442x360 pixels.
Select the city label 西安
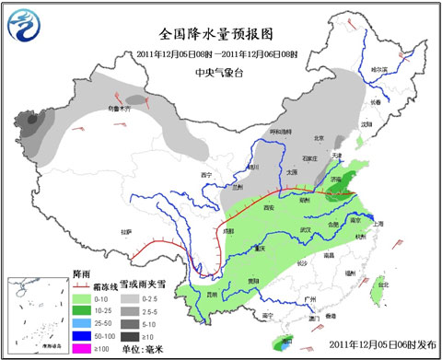coord(270,209)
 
